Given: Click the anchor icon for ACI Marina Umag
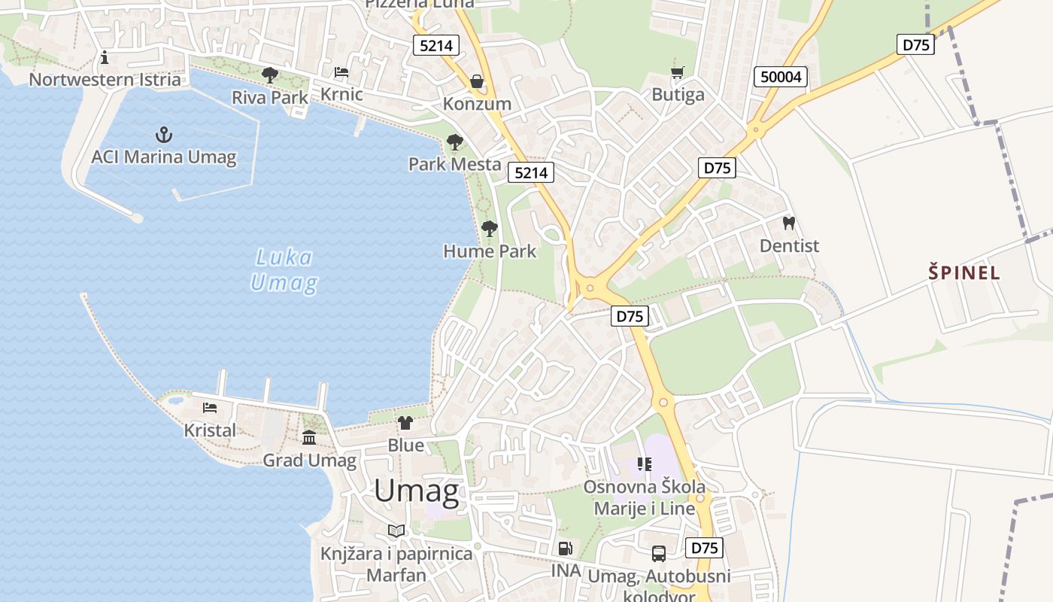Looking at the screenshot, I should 163,135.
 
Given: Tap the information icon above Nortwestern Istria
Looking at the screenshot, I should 105,57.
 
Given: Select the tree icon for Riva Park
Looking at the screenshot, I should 269,74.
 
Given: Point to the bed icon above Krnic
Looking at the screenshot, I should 341,72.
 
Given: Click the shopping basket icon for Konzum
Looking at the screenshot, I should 477,81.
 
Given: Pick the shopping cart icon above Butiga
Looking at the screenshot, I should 678,72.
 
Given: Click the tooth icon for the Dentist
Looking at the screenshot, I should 789,223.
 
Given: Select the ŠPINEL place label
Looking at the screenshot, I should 964,272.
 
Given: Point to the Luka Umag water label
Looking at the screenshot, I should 284,270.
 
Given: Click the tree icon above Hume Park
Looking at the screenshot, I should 490,228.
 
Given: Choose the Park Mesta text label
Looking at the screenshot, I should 454,164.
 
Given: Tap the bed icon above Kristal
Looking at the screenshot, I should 210,408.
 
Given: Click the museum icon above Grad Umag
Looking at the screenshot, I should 309,437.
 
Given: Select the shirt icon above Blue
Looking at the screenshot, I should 405,422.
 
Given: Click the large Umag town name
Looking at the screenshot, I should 416,491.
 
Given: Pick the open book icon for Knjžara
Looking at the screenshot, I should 396,531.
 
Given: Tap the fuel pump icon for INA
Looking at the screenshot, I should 566,549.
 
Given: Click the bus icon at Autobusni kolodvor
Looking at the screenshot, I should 659,554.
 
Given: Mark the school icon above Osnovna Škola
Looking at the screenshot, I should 644,464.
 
